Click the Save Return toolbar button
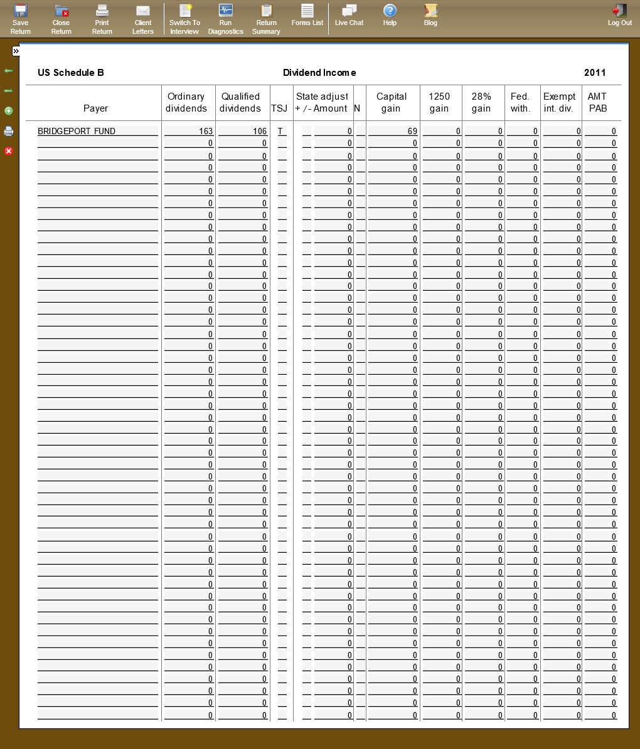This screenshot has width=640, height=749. pyautogui.click(x=20, y=19)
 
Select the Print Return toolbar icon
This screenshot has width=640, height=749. pyautogui.click(x=102, y=19)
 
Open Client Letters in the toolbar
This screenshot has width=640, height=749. pyautogui.click(x=143, y=19)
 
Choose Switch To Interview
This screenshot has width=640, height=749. pyautogui.click(x=184, y=19)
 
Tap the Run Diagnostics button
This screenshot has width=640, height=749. pyautogui.click(x=225, y=19)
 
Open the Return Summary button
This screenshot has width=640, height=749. pyautogui.click(x=266, y=19)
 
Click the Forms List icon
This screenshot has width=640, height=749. pyautogui.click(x=307, y=15)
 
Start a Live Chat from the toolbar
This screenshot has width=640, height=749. pyautogui.click(x=349, y=15)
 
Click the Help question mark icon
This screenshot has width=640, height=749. pyautogui.click(x=390, y=15)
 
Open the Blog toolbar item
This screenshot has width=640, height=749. pyautogui.click(x=430, y=15)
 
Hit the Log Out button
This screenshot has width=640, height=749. pyautogui.click(x=619, y=15)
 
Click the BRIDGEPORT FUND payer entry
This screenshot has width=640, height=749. pyautogui.click(x=77, y=132)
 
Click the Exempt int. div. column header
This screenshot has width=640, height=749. pyautogui.click(x=560, y=102)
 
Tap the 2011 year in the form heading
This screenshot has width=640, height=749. pyautogui.click(x=595, y=73)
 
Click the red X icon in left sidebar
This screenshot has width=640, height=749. pyautogui.click(x=9, y=151)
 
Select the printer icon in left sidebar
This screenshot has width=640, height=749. pyautogui.click(x=9, y=131)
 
